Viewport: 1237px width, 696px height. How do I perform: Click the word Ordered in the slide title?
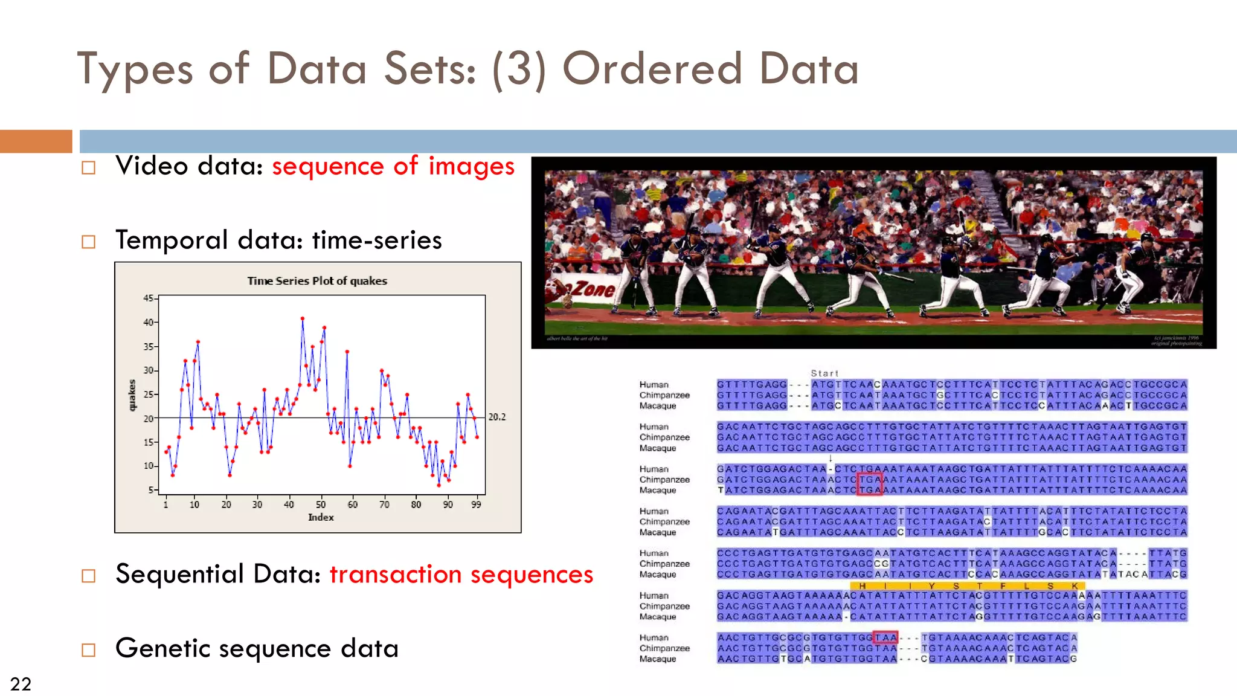(x=652, y=69)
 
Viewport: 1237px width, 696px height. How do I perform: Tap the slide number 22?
(x=21, y=684)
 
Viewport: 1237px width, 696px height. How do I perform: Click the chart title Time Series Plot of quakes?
(x=317, y=281)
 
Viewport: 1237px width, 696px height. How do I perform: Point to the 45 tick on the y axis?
(x=148, y=298)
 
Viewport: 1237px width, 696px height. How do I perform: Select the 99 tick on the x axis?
(x=476, y=504)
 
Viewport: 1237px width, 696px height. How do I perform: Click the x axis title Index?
(x=321, y=517)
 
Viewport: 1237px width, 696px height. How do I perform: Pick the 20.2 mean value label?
(x=496, y=417)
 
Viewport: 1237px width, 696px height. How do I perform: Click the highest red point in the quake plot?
(x=303, y=318)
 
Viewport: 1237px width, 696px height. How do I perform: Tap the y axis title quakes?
(x=132, y=395)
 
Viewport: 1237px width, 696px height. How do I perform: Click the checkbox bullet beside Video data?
(x=89, y=167)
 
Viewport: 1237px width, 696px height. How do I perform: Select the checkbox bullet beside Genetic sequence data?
(x=89, y=650)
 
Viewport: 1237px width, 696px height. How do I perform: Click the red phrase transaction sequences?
(x=461, y=574)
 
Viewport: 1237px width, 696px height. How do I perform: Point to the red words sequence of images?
(x=393, y=166)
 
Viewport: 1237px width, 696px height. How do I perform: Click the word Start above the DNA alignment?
(x=824, y=373)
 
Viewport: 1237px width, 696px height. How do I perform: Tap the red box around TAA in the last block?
(x=885, y=637)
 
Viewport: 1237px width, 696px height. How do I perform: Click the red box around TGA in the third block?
(x=870, y=485)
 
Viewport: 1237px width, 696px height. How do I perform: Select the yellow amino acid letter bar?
(x=966, y=585)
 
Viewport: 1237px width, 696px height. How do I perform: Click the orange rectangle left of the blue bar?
(x=36, y=141)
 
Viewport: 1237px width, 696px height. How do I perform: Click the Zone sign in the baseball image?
(x=589, y=289)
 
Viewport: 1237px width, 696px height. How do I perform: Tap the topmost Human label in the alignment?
(x=654, y=384)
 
